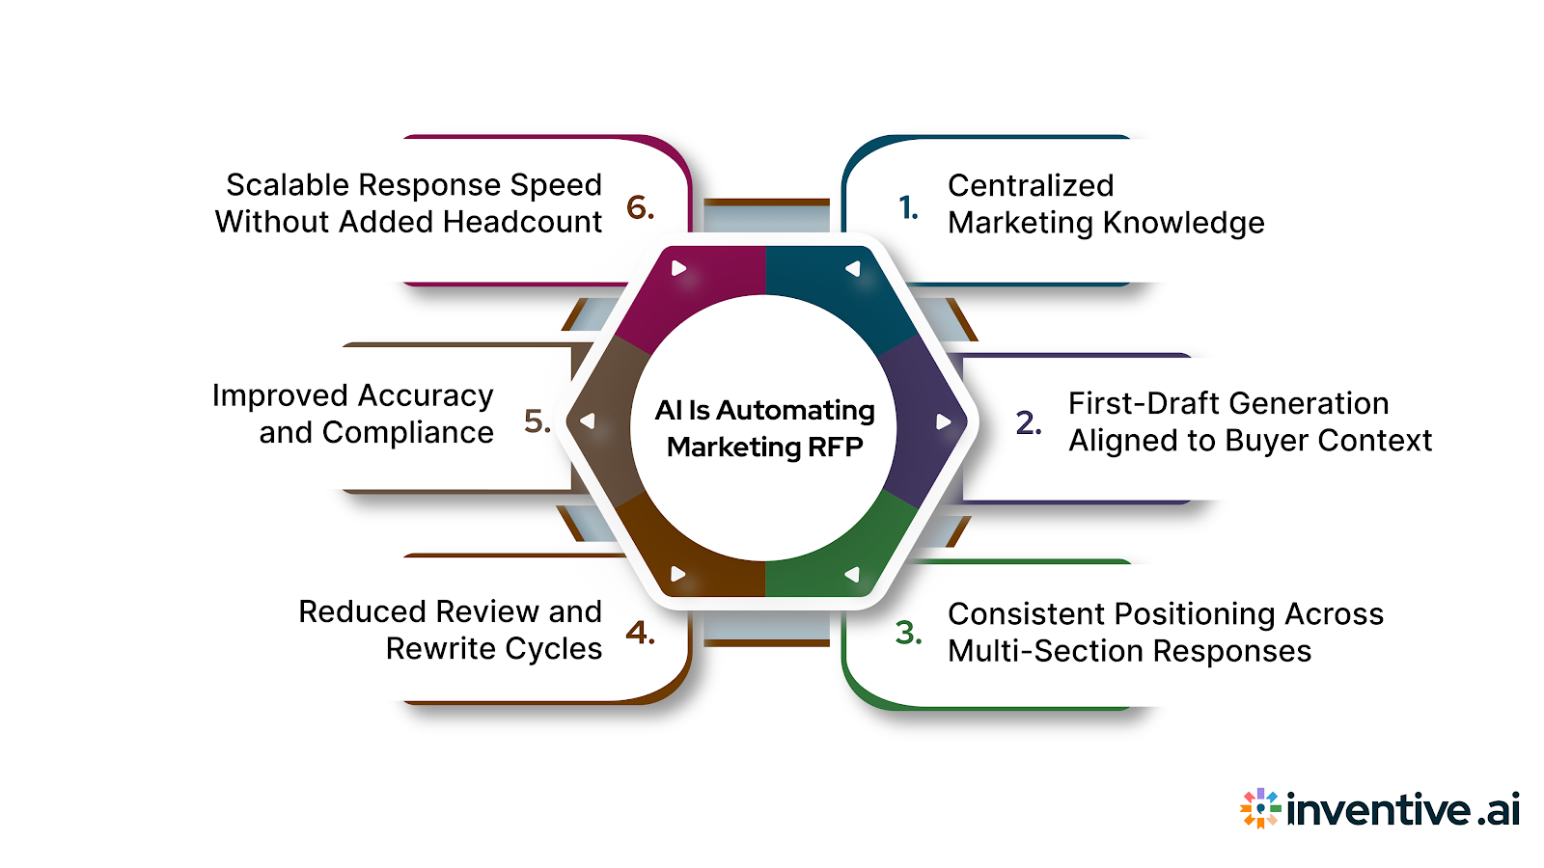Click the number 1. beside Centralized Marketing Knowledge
pos(908,207)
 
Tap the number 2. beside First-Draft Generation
pos(1029,422)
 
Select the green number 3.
pos(908,633)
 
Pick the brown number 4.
pos(640,633)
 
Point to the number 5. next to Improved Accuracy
pos(537,421)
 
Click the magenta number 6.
pos(640,207)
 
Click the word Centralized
pos(1031,185)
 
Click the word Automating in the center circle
pos(795,411)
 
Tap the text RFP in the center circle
pos(835,448)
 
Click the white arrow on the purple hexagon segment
pos(943,421)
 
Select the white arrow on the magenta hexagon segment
pos(678,268)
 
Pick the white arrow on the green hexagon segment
pos(852,575)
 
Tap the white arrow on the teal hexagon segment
pos(852,269)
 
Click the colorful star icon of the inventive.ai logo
pos(1260,808)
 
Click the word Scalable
pos(289,185)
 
